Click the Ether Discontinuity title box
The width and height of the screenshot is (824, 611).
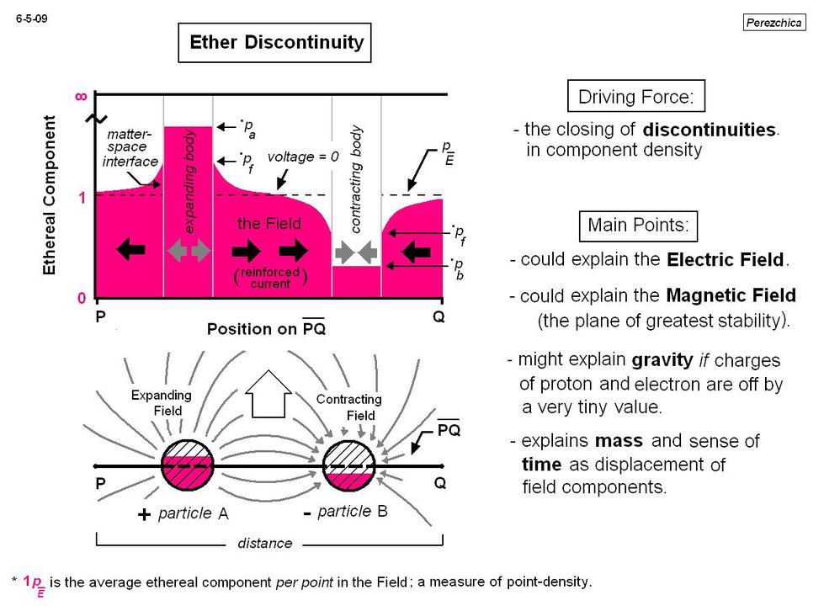point(274,43)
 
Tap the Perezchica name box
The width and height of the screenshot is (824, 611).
point(774,23)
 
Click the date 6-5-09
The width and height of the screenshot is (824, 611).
point(31,19)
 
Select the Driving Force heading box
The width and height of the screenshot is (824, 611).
point(635,96)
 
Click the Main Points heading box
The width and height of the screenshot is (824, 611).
point(638,226)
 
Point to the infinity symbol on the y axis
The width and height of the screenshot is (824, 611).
point(81,97)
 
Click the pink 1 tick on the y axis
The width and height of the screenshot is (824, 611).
point(82,198)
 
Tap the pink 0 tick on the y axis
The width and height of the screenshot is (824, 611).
point(82,299)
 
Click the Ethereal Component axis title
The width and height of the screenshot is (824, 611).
point(49,195)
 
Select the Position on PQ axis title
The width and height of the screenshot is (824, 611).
point(267,329)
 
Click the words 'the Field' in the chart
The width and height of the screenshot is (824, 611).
point(269,224)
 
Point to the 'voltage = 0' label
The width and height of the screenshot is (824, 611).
point(303,157)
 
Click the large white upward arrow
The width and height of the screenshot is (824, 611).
point(268,394)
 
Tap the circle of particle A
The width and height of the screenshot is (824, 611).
point(187,465)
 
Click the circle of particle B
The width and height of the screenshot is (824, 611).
point(349,465)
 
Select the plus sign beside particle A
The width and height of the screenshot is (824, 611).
point(144,514)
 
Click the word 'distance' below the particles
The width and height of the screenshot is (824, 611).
point(265,543)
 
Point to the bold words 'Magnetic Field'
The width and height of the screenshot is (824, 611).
point(731,295)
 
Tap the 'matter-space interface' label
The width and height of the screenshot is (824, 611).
point(130,147)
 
